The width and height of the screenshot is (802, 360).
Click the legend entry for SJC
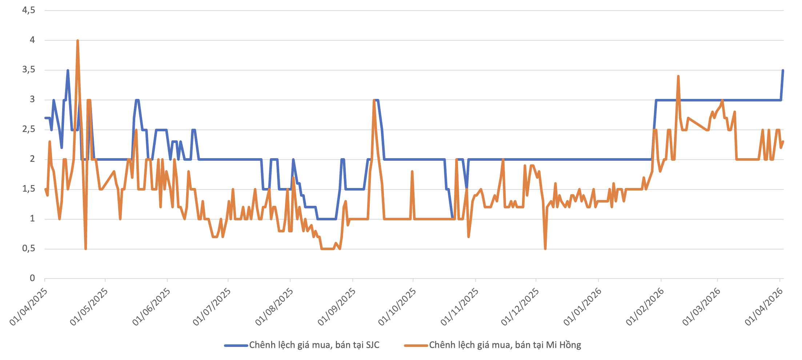pyautogui.click(x=314, y=345)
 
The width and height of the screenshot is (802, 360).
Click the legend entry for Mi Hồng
pyautogui.click(x=505, y=345)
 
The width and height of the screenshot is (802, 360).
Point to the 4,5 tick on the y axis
pyautogui.click(x=29, y=10)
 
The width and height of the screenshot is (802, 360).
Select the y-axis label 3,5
pyautogui.click(x=29, y=69)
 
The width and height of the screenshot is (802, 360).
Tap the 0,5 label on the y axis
pyautogui.click(x=29, y=248)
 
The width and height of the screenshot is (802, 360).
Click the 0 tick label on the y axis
pyautogui.click(x=32, y=278)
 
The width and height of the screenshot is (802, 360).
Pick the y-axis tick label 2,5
pyautogui.click(x=29, y=129)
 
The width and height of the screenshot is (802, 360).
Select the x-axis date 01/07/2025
pyautogui.click(x=212, y=307)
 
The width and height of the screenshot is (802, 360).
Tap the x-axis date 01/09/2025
pyautogui.click(x=337, y=307)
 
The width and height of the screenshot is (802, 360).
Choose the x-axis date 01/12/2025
pyautogui.click(x=520, y=307)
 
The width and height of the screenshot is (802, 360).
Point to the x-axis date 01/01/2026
pyautogui.click(x=583, y=307)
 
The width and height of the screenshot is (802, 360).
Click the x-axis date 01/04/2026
pyautogui.click(x=764, y=307)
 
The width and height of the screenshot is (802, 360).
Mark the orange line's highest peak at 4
pyautogui.click(x=78, y=41)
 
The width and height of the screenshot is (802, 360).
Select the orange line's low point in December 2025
pyautogui.click(x=545, y=249)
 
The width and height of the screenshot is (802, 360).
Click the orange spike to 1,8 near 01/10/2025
pyautogui.click(x=412, y=171)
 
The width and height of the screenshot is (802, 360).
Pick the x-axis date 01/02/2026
pyautogui.click(x=645, y=307)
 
